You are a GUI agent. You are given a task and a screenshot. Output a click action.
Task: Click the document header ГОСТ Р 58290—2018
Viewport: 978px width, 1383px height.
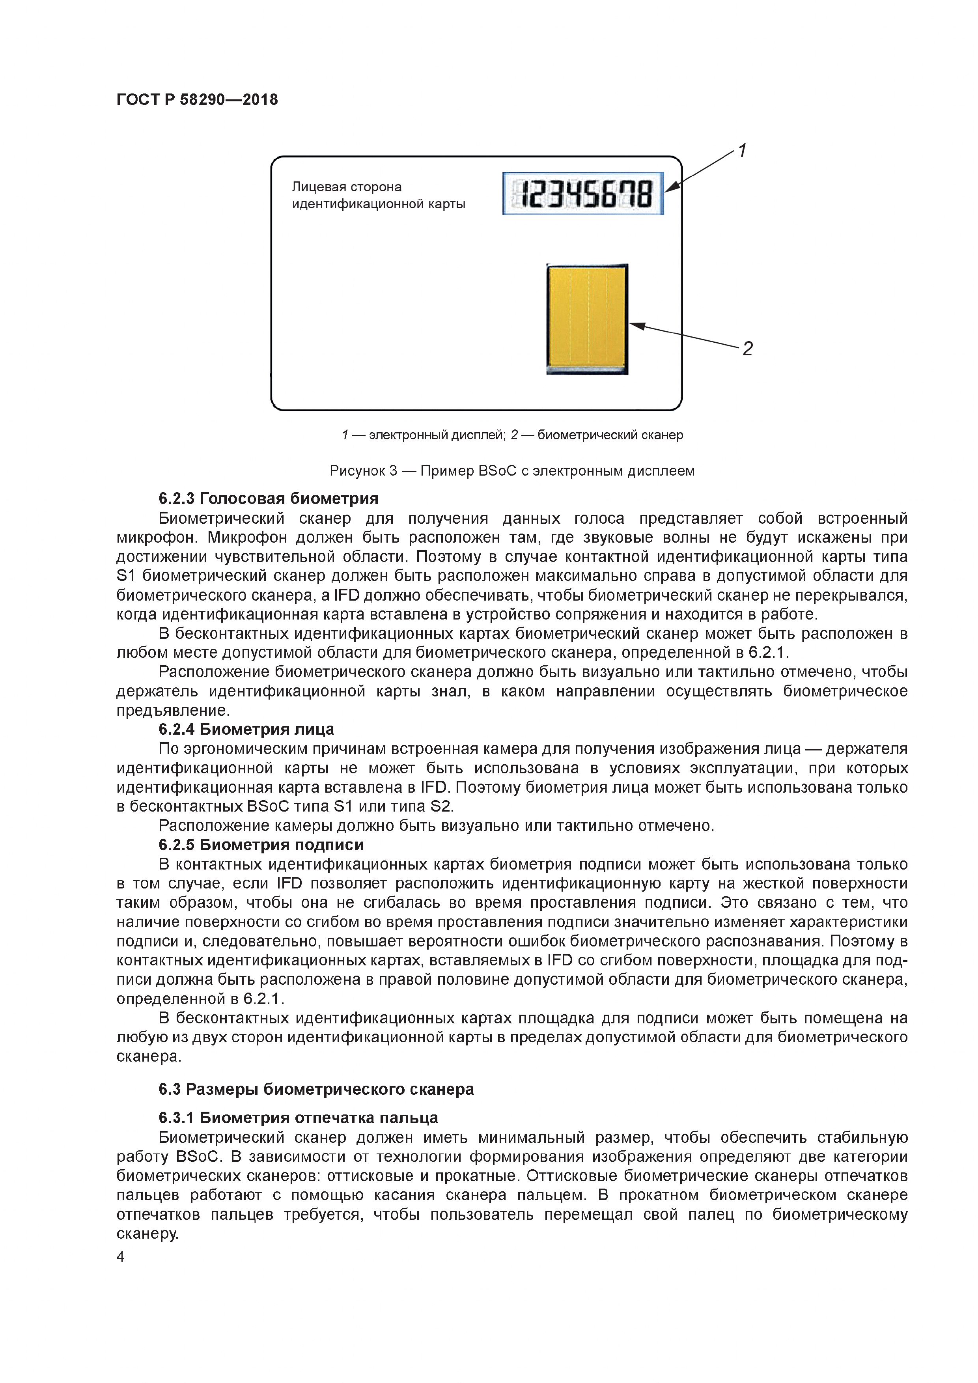[197, 99]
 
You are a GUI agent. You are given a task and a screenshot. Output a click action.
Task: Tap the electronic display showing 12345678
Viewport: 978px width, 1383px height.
[583, 194]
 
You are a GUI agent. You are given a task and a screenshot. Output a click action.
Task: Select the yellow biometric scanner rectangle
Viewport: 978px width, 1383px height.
[587, 318]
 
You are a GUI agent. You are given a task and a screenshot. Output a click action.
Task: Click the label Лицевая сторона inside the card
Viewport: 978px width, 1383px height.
[347, 187]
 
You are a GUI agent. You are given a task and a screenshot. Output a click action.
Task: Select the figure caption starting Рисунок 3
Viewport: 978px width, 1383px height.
[512, 470]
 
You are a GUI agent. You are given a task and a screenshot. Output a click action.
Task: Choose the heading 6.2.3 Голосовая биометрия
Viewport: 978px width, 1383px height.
[269, 499]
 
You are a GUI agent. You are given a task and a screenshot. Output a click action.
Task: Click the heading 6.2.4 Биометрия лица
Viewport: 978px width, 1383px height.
[246, 730]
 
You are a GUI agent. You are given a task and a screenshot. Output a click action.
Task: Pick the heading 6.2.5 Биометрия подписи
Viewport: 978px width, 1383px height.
[261, 845]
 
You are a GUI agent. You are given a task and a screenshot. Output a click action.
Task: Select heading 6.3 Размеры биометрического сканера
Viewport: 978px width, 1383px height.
[316, 1089]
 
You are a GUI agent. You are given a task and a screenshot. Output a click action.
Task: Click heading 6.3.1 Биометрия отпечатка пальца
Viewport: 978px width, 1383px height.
[298, 1118]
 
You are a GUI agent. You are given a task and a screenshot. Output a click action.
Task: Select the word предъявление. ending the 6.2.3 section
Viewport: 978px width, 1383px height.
[174, 711]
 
